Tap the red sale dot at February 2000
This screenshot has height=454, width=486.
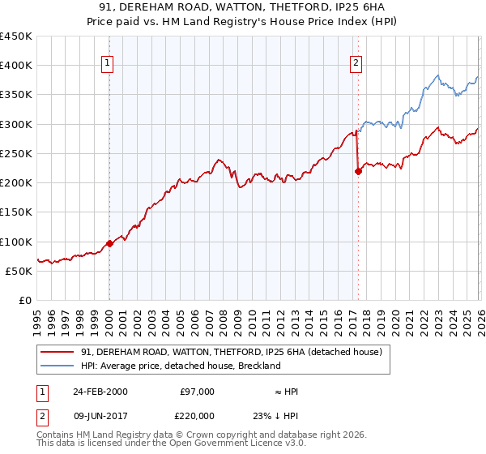[109, 243]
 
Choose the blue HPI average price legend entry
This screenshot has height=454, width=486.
[180, 366]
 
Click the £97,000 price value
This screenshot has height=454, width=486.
[197, 391]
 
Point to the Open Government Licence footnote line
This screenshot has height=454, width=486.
[171, 443]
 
